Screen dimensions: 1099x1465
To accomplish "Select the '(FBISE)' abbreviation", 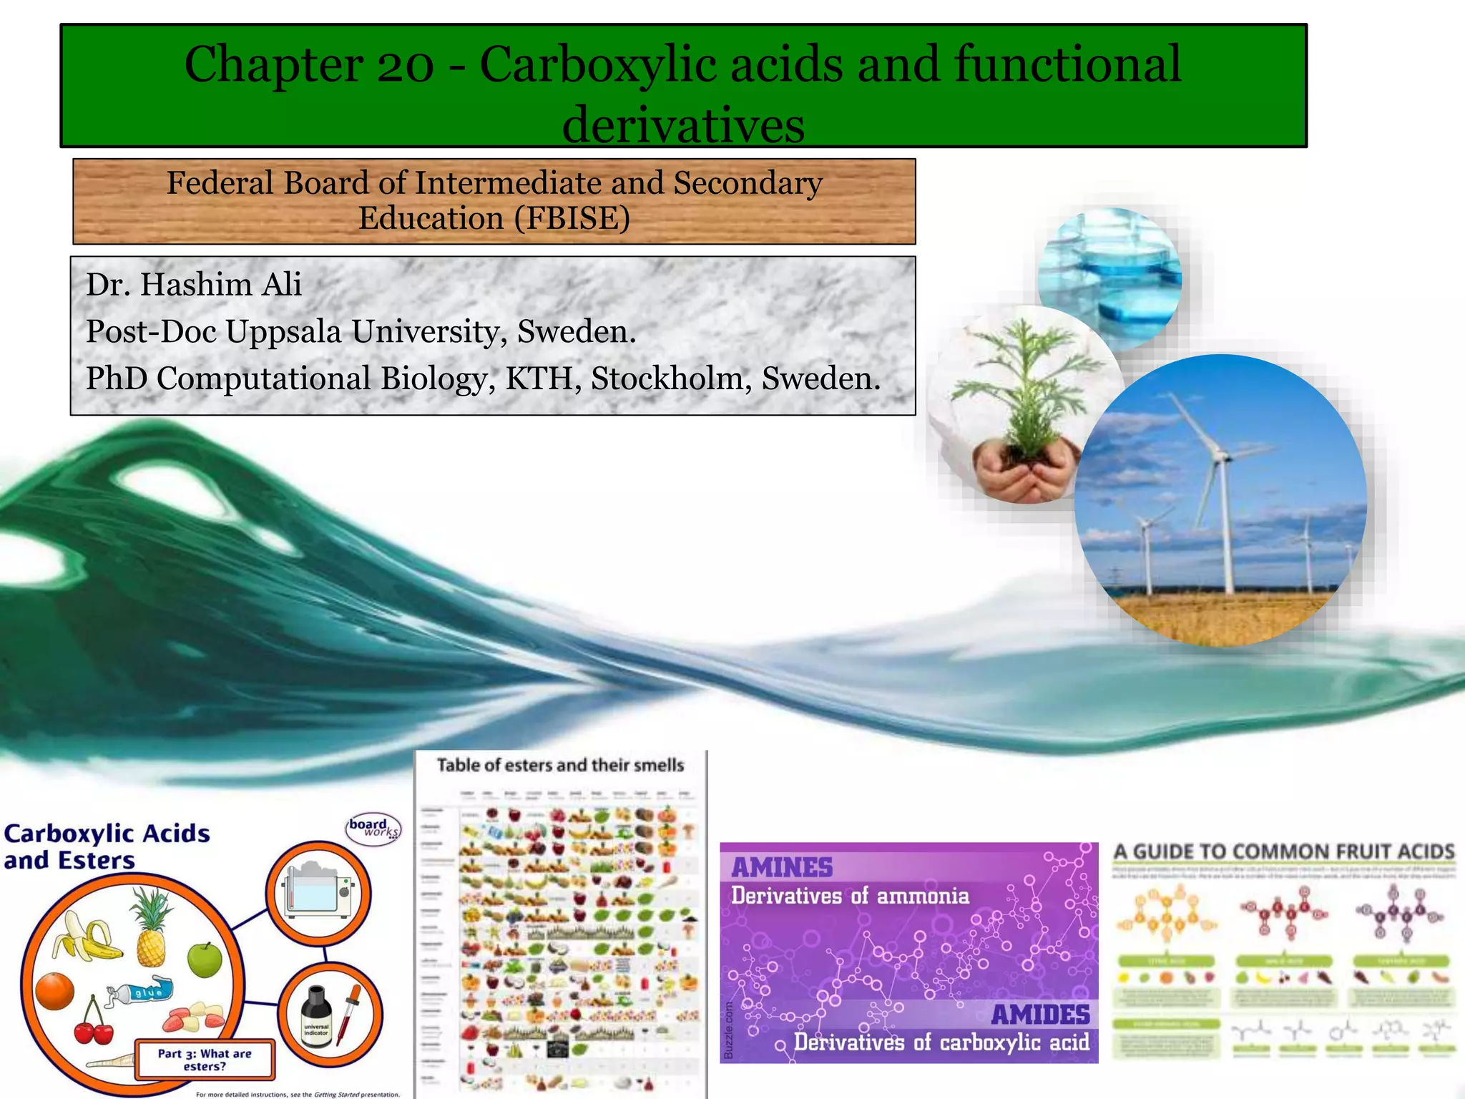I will [577, 218].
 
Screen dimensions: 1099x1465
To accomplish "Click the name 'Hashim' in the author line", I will [195, 285].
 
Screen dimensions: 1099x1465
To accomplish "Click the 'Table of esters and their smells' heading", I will [560, 766].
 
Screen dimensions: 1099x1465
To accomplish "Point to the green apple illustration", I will [205, 959].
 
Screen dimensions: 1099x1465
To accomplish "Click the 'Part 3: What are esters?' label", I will [205, 1060].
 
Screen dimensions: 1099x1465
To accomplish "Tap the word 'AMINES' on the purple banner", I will [782, 868].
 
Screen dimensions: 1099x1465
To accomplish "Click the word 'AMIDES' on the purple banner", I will [1040, 1015].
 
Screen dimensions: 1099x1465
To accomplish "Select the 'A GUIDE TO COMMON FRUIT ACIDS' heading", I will [1284, 851].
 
